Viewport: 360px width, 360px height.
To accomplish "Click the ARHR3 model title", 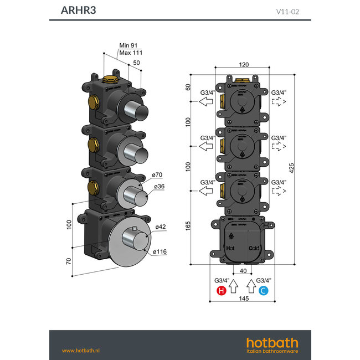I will pyautogui.click(x=75, y=10).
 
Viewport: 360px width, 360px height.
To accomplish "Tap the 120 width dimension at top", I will pyautogui.click(x=243, y=64).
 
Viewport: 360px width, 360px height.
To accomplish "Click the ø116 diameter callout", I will pyautogui.click(x=161, y=252).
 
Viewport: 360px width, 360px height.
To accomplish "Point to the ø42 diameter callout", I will pyautogui.click(x=161, y=227).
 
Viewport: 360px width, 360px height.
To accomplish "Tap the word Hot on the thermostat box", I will pyautogui.click(x=230, y=248).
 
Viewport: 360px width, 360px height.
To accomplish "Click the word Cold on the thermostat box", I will pyautogui.click(x=254, y=248).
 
